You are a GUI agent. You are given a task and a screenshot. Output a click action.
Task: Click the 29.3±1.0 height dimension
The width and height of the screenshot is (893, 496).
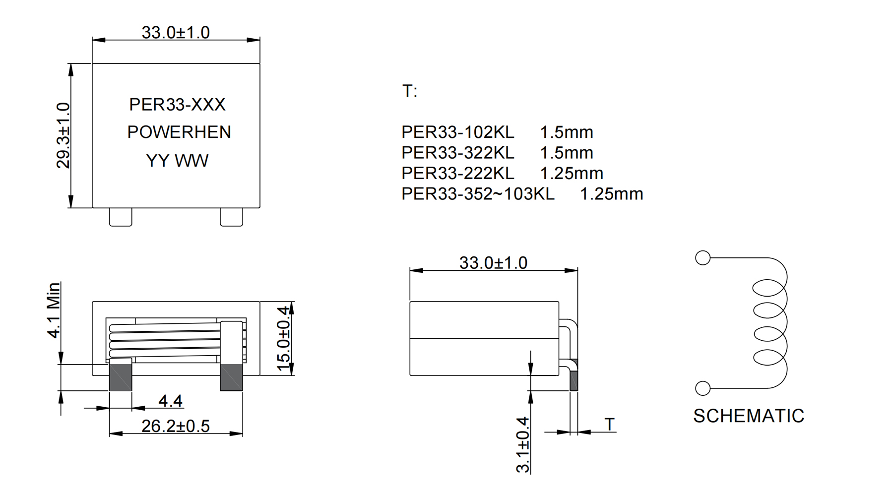(63, 135)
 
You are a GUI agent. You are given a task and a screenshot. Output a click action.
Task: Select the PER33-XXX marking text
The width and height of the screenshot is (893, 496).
(177, 105)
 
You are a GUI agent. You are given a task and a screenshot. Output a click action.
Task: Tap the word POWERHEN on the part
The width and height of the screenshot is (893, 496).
(179, 132)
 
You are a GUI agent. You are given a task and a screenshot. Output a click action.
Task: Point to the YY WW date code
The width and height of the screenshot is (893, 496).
(177, 161)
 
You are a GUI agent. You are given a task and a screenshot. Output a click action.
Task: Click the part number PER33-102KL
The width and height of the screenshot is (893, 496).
(458, 132)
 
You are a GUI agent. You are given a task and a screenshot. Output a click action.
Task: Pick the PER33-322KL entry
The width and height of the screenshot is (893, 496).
(458, 153)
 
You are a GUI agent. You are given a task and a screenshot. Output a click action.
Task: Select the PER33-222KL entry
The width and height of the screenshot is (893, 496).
(458, 173)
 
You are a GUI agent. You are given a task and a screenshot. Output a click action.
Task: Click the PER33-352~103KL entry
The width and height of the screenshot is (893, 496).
(478, 194)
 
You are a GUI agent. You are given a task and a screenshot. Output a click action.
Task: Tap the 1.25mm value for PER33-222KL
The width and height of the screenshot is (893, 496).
(572, 173)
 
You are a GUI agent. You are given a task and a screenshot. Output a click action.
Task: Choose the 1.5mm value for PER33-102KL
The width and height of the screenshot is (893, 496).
(567, 132)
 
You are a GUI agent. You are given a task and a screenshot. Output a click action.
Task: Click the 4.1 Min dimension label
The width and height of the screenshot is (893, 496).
(54, 310)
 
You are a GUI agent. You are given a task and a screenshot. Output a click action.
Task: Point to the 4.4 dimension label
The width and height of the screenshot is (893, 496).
(170, 401)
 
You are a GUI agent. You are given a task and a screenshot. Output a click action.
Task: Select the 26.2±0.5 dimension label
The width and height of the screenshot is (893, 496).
(176, 426)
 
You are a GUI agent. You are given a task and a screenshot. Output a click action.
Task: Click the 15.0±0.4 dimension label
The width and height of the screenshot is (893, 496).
(283, 339)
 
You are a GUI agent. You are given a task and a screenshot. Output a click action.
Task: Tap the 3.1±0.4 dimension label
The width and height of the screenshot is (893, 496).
(523, 445)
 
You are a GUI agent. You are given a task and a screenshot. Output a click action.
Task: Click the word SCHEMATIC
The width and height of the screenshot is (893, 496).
(749, 416)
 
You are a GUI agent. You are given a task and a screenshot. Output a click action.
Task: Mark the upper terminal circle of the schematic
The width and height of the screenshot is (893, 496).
(703, 258)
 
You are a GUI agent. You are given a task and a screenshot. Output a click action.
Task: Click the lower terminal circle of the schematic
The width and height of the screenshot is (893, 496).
(703, 388)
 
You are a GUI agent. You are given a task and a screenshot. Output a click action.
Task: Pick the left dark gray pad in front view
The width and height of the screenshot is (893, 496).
(121, 377)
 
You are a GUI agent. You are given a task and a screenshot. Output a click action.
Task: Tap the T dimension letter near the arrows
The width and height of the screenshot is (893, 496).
(610, 425)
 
